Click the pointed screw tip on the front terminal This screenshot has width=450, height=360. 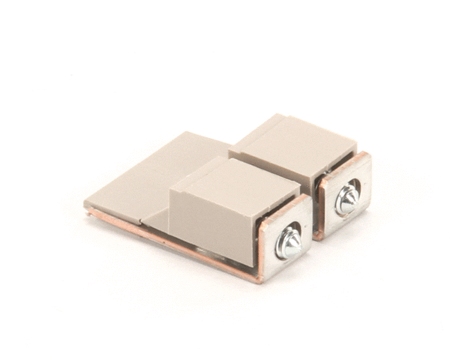(290, 241)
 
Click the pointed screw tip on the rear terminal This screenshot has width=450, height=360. (348, 196)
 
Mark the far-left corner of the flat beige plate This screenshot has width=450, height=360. (85, 202)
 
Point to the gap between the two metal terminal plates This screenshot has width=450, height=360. (314, 225)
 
